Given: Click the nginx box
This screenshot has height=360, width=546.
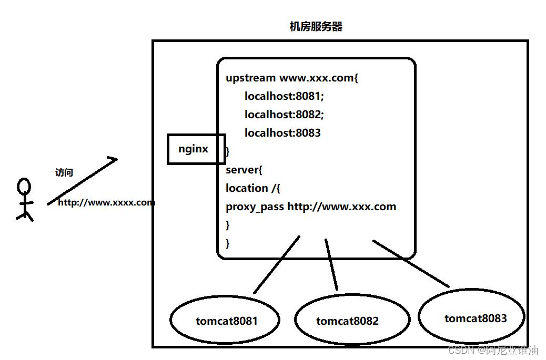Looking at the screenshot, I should point(196,149).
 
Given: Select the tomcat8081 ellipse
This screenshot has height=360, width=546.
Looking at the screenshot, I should point(225,320).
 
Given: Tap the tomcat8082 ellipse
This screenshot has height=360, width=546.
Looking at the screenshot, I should point(351,320).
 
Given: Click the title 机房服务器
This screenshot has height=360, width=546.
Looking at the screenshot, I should point(316,27).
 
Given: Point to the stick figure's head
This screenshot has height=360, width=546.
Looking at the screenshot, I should point(24,187).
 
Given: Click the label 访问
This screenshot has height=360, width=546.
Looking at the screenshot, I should point(64,172).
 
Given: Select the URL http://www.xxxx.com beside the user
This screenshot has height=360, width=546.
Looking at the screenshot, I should point(106,202).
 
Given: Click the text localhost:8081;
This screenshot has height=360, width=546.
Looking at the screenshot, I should point(284,96).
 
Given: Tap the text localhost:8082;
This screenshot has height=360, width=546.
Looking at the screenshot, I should point(284,115).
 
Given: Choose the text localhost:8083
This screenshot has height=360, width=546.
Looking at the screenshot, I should point(282,133).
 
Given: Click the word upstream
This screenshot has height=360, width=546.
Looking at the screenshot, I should point(250,78).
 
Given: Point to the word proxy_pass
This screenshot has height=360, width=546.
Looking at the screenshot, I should point(255,207).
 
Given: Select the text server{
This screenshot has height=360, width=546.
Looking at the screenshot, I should point(244,170).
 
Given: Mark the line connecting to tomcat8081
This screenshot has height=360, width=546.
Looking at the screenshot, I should point(277,265).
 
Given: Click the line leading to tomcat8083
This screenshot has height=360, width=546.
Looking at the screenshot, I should point(411,264).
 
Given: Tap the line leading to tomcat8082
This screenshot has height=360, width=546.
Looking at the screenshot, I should point(331,265).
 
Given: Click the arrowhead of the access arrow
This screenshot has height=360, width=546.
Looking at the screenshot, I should point(113,159).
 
